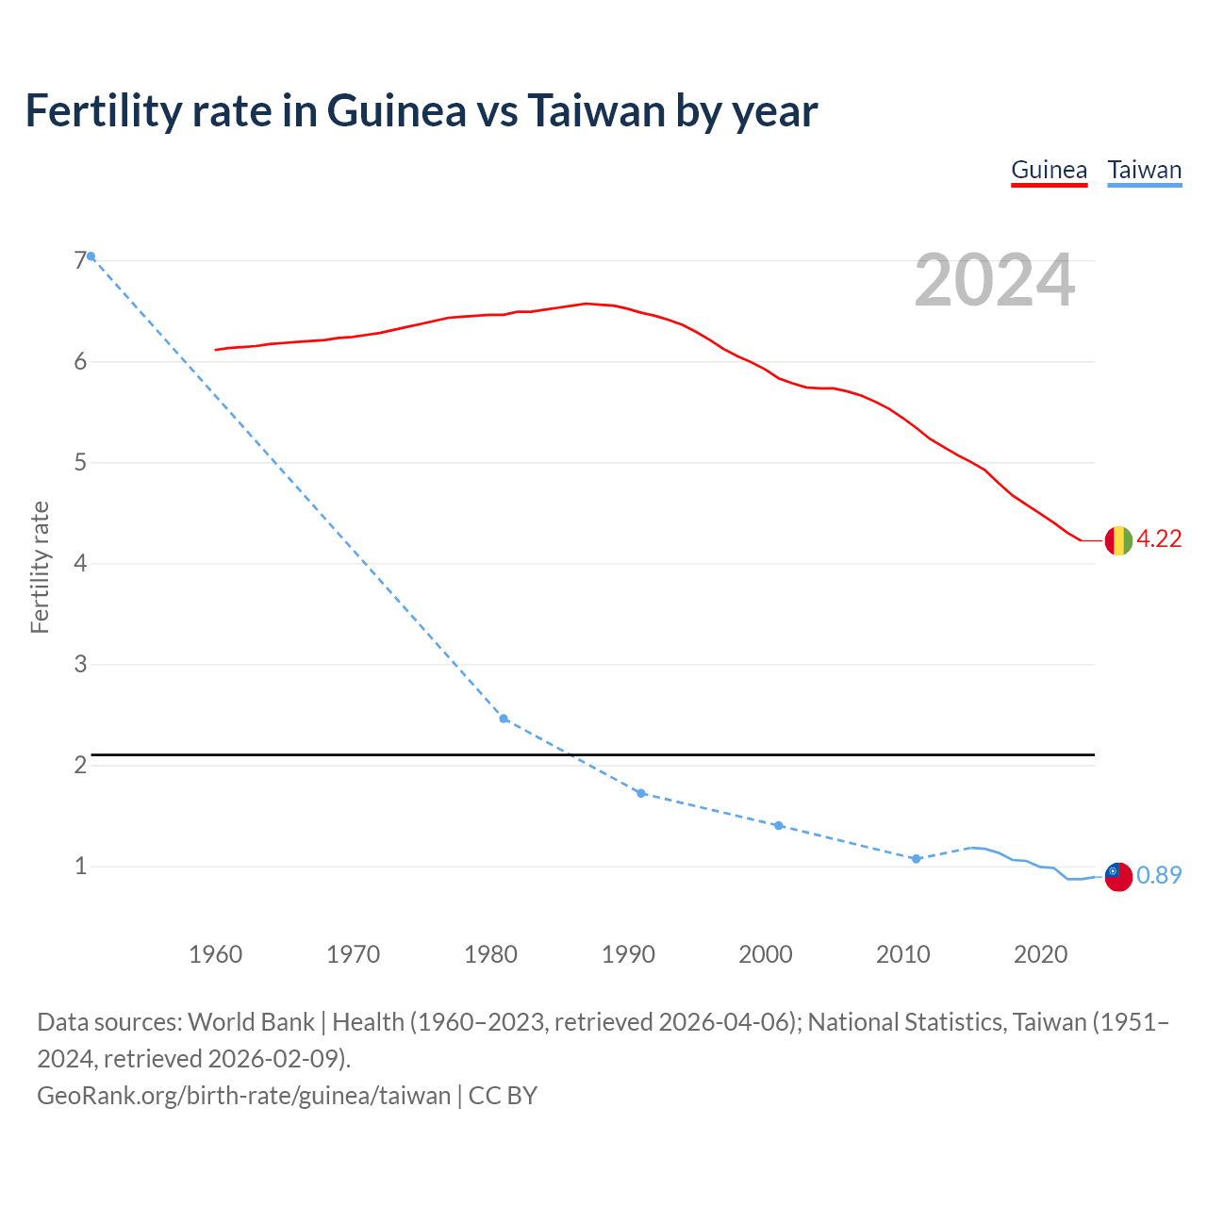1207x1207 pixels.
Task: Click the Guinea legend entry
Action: [x=1049, y=171]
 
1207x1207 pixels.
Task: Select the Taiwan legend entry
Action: [x=1144, y=171]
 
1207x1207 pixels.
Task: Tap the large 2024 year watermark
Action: [x=994, y=280]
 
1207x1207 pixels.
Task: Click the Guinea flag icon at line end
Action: [x=1118, y=540]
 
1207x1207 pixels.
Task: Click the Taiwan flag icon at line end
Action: [x=1118, y=876]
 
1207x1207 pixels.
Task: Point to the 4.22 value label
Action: [x=1159, y=539]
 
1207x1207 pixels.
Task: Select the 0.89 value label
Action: [x=1159, y=876]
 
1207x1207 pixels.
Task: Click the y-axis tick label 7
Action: [x=79, y=261]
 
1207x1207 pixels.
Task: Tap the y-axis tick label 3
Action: [x=79, y=665]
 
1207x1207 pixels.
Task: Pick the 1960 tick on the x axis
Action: [x=215, y=954]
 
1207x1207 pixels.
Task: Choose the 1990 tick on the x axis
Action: [x=628, y=954]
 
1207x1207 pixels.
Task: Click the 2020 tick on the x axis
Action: [x=1040, y=954]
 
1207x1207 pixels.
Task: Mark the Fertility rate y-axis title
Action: [x=40, y=567]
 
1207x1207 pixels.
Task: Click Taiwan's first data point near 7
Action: [x=91, y=256]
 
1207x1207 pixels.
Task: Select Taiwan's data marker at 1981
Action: [x=504, y=719]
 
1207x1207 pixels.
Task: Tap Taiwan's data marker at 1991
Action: [x=641, y=793]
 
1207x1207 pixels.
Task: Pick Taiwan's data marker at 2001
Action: [x=778, y=825]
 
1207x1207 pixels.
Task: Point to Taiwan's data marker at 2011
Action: [x=916, y=859]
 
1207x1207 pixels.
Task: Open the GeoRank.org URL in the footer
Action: [x=243, y=1096]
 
